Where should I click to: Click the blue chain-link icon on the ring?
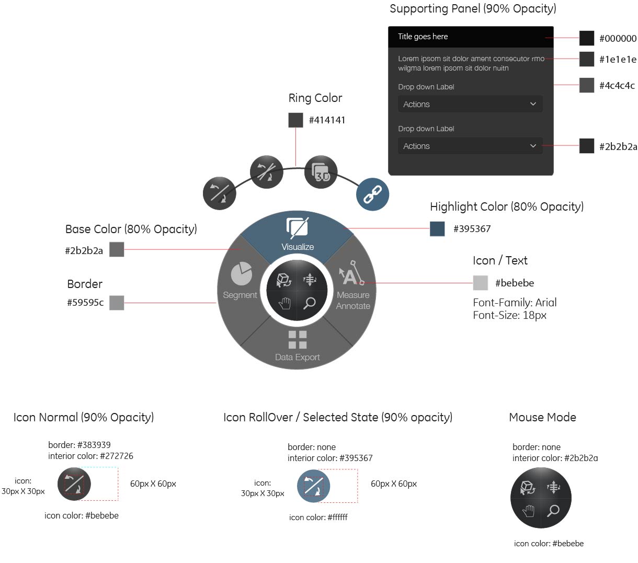point(372,194)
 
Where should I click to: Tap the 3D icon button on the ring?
point(321,172)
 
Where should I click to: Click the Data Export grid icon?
point(297,339)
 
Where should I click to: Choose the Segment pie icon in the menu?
point(241,274)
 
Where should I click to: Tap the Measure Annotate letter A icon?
point(350,274)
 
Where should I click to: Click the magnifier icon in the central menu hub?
point(310,303)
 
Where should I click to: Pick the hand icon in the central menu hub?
point(284,303)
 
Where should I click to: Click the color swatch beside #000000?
point(587,38)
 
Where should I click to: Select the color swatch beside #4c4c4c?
point(587,85)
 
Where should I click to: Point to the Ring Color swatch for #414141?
point(295,120)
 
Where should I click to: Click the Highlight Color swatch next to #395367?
point(437,228)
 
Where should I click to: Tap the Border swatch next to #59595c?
point(117,303)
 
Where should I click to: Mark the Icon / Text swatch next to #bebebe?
point(480,283)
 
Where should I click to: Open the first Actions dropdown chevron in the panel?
point(533,104)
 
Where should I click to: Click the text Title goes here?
point(423,37)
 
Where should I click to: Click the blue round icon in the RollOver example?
point(314,486)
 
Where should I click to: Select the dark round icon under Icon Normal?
point(74,484)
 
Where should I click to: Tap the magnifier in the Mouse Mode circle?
point(553,510)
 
